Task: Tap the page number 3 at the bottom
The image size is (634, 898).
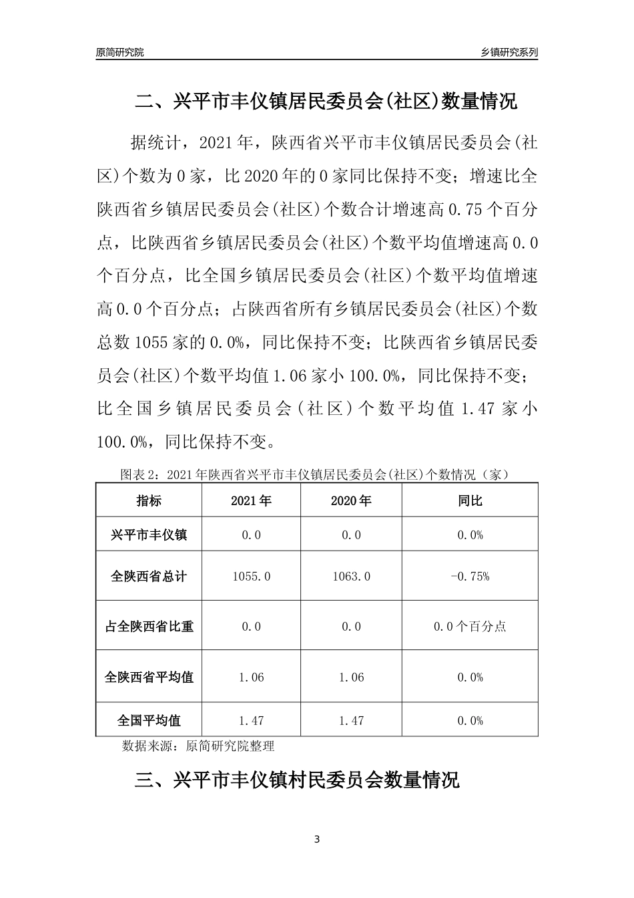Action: click(317, 839)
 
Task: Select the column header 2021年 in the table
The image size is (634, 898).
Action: click(251, 500)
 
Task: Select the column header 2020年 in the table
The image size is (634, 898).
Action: click(351, 500)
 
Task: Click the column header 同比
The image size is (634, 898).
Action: click(470, 500)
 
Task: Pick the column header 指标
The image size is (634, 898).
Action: click(149, 500)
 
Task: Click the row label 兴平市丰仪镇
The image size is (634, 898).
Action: click(149, 535)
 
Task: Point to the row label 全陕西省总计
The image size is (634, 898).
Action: click(149, 576)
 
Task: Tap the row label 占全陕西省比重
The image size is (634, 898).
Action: click(149, 627)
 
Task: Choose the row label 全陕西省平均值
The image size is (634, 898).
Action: click(149, 677)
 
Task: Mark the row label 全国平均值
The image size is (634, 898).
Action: click(149, 720)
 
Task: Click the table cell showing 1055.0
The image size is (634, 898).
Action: click(251, 576)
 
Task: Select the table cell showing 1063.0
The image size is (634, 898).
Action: click(351, 576)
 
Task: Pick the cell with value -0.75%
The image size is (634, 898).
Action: click(470, 576)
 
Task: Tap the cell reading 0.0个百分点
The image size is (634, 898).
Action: click(470, 627)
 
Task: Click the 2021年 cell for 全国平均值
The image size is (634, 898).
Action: click(251, 720)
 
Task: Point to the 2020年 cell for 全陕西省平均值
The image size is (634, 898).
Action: click(351, 677)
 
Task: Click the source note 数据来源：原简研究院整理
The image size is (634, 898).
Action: click(198, 746)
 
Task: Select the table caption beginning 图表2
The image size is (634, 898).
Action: click(316, 475)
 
